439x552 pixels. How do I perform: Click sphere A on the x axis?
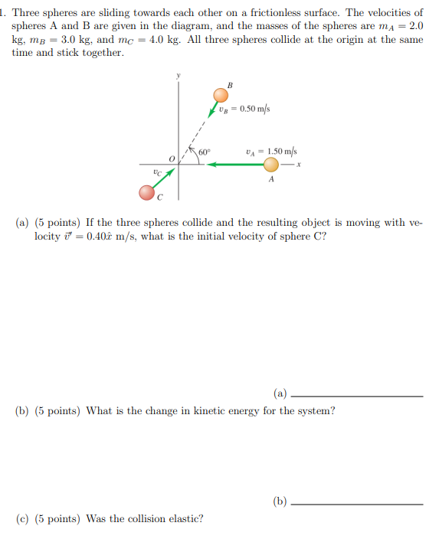[x=271, y=164]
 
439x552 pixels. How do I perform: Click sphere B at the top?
[x=221, y=95]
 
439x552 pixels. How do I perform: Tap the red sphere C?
[x=147, y=192]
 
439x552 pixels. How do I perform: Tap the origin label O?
[x=172, y=158]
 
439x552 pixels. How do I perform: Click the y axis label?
[x=178, y=75]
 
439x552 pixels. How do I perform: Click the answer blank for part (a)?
[x=357, y=396]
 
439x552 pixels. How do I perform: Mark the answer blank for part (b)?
[x=357, y=504]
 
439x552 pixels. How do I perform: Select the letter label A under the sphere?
[x=271, y=180]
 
